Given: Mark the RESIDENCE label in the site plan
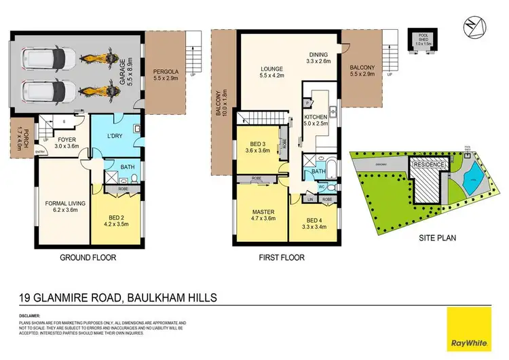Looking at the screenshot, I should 429,165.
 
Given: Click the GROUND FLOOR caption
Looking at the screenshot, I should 88,258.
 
